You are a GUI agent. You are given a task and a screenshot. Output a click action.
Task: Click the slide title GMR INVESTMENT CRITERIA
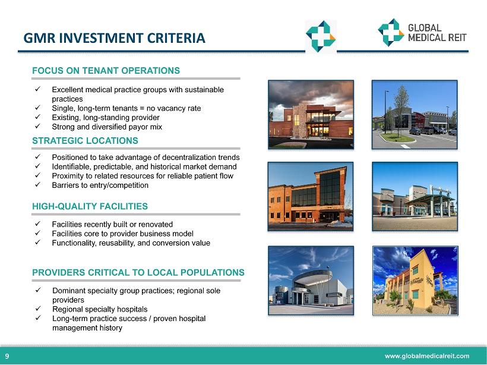coord(114,38)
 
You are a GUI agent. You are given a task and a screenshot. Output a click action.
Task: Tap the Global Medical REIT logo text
coord(437,33)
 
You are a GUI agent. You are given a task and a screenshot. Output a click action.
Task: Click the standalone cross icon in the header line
coord(321,36)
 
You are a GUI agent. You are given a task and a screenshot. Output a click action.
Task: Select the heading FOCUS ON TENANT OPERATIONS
coord(106,71)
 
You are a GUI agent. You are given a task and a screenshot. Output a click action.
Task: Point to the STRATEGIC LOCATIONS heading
coord(85,140)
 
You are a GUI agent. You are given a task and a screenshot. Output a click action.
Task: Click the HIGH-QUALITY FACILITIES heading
coord(90,206)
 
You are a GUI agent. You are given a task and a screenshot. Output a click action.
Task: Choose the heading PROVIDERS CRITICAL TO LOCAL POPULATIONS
coord(138,272)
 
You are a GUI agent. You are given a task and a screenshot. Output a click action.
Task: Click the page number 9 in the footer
coord(7,356)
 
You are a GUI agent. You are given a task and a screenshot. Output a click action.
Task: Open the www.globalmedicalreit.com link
coord(427,356)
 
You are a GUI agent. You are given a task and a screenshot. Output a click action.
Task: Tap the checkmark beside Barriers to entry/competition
coord(38,184)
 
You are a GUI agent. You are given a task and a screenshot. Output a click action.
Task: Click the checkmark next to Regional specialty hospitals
coord(38,309)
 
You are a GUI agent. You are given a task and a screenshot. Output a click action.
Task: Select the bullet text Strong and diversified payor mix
coord(107,127)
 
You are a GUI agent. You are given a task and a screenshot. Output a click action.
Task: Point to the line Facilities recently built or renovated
coord(112,224)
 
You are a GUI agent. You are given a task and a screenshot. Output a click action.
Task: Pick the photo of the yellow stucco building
coord(415,281)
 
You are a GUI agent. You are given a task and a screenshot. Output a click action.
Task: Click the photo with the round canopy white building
coord(311,281)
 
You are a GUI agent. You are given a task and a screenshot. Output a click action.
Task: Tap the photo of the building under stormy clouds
coord(311,115)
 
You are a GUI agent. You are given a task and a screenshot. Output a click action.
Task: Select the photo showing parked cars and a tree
coord(415,115)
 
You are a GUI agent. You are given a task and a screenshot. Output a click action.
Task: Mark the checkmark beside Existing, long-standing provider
coord(38,117)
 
